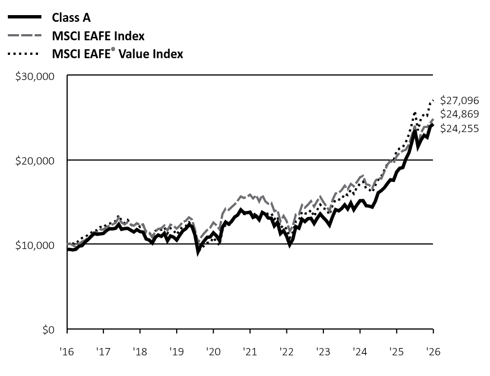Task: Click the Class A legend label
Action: (x=71, y=18)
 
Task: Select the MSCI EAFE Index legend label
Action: (x=98, y=36)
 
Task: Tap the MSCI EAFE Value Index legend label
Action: (x=117, y=54)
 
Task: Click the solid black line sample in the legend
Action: (x=25, y=17)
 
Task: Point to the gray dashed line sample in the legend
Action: (x=25, y=35)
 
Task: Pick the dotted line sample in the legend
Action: (x=23, y=54)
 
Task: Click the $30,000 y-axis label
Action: (x=35, y=76)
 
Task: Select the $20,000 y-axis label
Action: (x=35, y=161)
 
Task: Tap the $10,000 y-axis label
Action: (x=35, y=246)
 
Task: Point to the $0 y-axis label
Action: (x=49, y=330)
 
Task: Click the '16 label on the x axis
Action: (x=67, y=351)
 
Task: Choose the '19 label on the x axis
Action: (x=177, y=351)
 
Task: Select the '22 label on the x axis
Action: (x=286, y=351)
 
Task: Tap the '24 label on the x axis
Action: (x=360, y=351)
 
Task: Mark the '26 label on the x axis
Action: (x=433, y=351)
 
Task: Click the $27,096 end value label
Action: (x=459, y=100)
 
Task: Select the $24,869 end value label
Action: (x=459, y=114)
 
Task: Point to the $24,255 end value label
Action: (x=459, y=129)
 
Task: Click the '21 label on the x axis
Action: (x=249, y=351)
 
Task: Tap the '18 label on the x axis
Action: (x=140, y=351)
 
